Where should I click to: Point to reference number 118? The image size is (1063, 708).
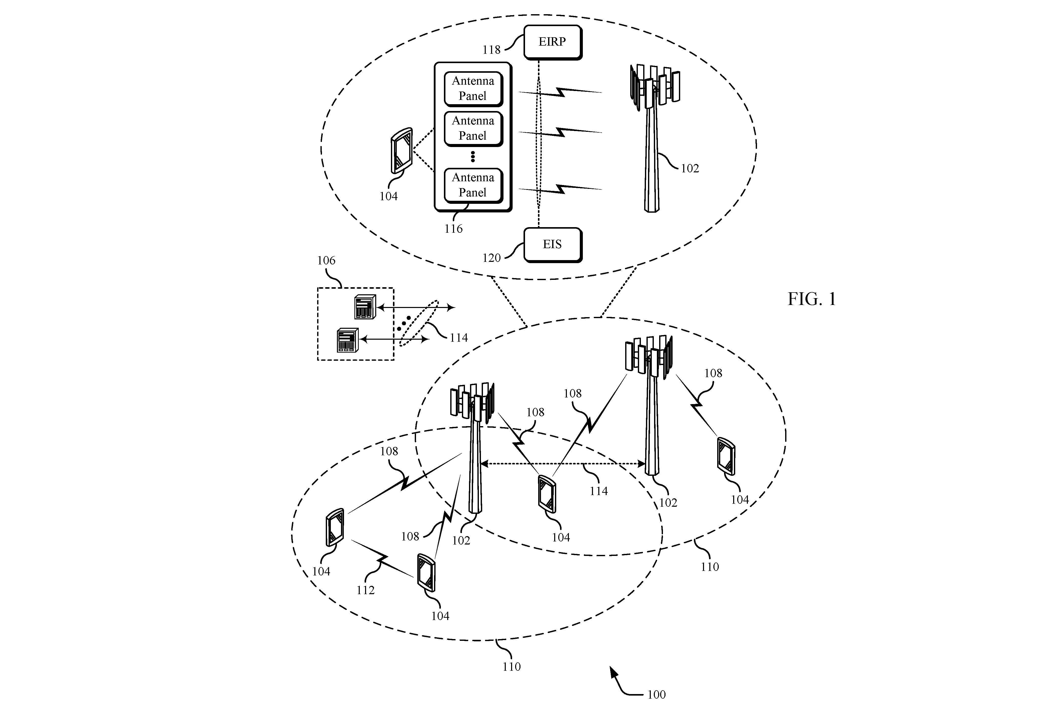[x=491, y=50]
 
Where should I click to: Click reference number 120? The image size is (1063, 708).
[x=491, y=258]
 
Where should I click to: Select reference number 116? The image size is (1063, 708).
[x=453, y=229]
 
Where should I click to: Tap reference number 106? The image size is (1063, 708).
[x=326, y=261]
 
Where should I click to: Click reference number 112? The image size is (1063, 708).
[x=365, y=590]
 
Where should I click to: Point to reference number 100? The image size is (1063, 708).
[x=656, y=695]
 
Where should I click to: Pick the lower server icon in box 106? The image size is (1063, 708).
[x=347, y=340]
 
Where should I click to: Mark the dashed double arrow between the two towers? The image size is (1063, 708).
[x=563, y=463]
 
